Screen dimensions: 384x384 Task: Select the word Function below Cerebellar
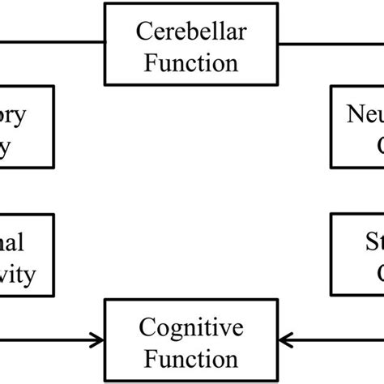pos(191,62)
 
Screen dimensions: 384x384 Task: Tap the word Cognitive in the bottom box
pos(191,330)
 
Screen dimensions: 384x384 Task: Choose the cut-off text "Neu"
pos(361,114)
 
